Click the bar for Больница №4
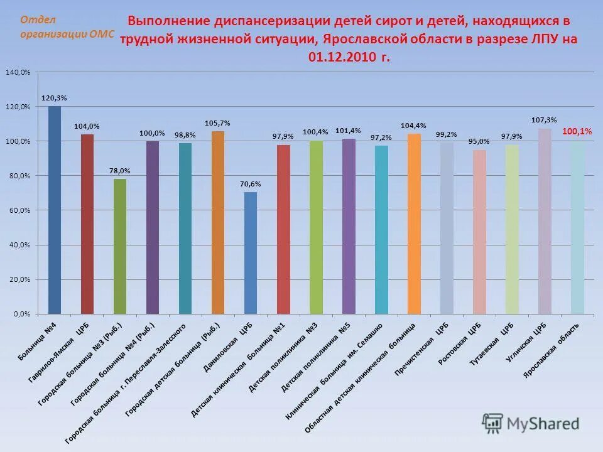(x=55, y=210)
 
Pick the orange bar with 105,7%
(x=218, y=222)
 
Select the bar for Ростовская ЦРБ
(x=479, y=232)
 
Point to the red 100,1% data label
(x=577, y=131)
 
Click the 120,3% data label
(x=54, y=98)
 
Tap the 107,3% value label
(x=544, y=120)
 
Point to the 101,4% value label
(x=348, y=131)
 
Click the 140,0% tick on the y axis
(x=18, y=72)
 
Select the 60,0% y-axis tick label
(x=18, y=210)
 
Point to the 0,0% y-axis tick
(x=20, y=314)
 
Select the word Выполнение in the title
(x=168, y=21)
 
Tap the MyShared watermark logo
(x=531, y=424)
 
